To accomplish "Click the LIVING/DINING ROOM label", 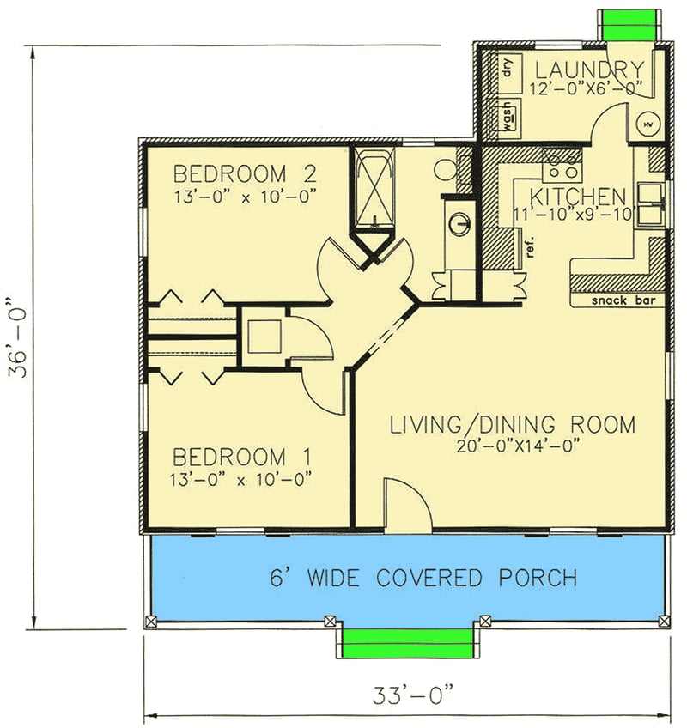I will point(513,424).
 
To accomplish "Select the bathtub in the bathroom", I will point(373,188).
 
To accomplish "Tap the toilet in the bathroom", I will point(447,168).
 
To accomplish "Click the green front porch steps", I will point(408,642).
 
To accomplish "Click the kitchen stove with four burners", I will point(562,160).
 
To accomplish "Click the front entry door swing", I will point(405,507).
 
